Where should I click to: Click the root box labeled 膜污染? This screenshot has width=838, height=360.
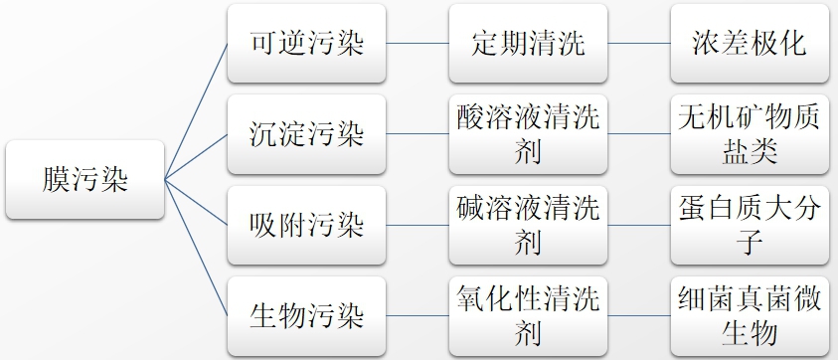(84, 180)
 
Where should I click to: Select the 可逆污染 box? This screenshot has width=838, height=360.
(306, 44)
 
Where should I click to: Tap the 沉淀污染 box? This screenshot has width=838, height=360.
(306, 134)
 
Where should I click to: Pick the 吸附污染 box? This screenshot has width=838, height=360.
(306, 225)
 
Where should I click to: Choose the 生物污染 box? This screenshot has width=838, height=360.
(306, 316)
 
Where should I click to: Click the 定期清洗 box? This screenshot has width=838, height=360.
(528, 44)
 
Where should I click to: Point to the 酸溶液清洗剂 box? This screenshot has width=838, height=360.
(528, 134)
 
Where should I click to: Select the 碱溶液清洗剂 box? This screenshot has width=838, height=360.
(528, 225)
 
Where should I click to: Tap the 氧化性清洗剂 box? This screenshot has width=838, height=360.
(528, 316)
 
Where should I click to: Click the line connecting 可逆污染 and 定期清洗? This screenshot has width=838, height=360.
(417, 44)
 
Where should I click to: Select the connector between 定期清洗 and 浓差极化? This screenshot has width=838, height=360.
(638, 44)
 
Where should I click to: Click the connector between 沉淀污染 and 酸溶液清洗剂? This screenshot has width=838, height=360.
(417, 134)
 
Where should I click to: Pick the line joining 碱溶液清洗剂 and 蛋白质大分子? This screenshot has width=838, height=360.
(638, 225)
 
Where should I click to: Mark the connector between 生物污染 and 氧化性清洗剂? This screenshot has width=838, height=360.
(417, 316)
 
